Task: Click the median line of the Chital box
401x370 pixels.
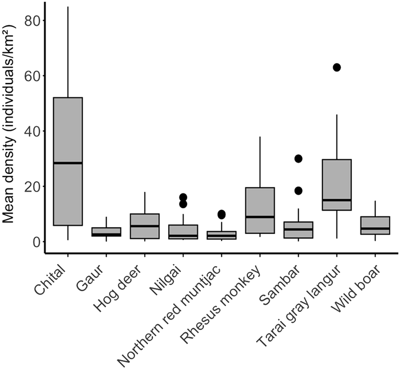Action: (68, 163)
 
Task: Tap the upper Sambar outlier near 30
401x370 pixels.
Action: (298, 159)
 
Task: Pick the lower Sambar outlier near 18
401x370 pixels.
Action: (298, 191)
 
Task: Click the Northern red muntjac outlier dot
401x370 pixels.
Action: (221, 214)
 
